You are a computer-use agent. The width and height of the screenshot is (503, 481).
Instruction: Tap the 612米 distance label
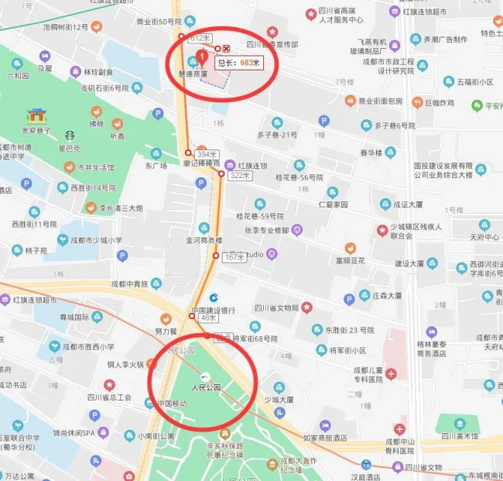pos(200,38)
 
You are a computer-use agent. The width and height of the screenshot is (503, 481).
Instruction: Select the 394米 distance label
pos(207,154)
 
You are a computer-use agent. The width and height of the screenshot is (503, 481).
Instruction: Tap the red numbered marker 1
pos(202,56)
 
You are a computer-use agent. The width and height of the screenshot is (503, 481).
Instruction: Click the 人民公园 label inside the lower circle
pos(207,387)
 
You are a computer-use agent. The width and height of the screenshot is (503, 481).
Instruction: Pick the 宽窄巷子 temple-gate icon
pos(36,116)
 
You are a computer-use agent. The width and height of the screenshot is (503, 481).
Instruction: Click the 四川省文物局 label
pos(276,308)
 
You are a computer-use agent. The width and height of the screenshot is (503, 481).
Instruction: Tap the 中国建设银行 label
pos(213,311)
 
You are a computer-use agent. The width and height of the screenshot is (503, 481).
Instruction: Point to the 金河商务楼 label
pos(204,241)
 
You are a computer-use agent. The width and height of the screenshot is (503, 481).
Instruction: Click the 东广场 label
pos(156,165)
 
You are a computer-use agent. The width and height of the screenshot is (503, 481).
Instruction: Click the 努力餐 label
pos(166,331)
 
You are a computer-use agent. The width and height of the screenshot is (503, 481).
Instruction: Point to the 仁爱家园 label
pos(334,204)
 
